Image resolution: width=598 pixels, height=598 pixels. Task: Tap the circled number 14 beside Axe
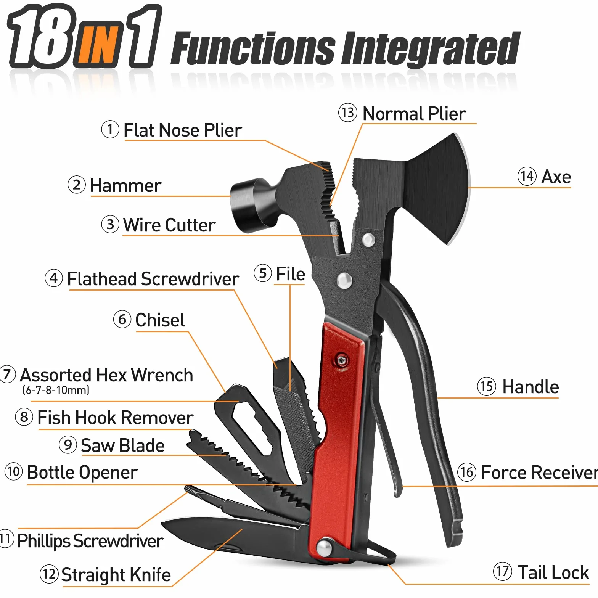pyautogui.click(x=527, y=177)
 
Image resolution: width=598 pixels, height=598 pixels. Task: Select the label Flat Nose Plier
pyautogui.click(x=183, y=130)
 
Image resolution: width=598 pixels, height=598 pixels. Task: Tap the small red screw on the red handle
pyautogui.click(x=341, y=360)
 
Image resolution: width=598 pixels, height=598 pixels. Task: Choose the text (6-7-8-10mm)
pyautogui.click(x=56, y=390)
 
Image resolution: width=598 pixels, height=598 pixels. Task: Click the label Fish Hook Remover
pyautogui.click(x=116, y=418)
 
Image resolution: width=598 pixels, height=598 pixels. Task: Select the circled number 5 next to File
pyautogui.click(x=263, y=273)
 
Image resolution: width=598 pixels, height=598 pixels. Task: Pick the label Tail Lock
pyautogui.click(x=553, y=572)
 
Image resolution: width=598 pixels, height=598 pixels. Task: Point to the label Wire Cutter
pyautogui.click(x=169, y=225)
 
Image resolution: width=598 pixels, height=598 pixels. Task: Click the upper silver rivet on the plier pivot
pyautogui.click(x=368, y=240)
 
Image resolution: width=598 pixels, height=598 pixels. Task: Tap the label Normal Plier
pyautogui.click(x=414, y=114)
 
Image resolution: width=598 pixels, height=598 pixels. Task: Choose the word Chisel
pyautogui.click(x=160, y=320)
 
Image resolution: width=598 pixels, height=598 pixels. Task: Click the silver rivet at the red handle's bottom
pyautogui.click(x=325, y=548)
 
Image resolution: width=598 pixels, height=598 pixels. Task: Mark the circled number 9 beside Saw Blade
pyautogui.click(x=68, y=445)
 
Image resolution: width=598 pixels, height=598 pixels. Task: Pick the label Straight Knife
pyautogui.click(x=116, y=575)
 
